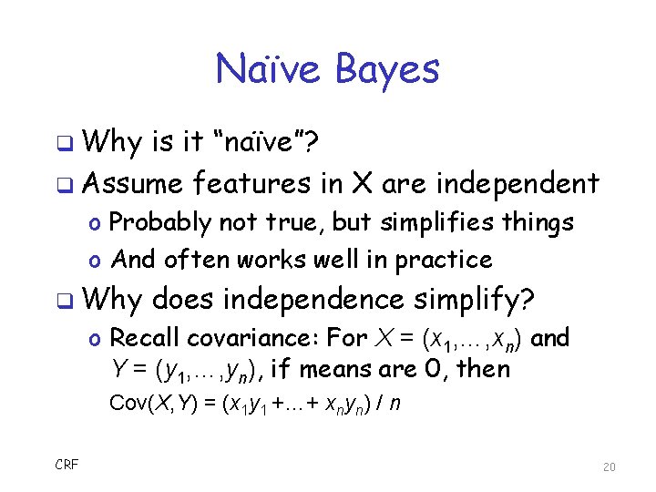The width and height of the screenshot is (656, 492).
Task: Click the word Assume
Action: tap(132, 184)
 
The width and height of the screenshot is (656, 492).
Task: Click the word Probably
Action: tap(160, 223)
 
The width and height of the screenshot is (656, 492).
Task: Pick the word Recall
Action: tap(142, 338)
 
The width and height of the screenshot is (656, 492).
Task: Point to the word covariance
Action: tap(251, 338)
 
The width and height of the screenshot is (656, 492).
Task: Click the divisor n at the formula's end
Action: tap(394, 403)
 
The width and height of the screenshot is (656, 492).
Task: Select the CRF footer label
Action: tap(67, 465)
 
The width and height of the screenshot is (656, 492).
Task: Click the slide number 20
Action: tap(610, 466)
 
